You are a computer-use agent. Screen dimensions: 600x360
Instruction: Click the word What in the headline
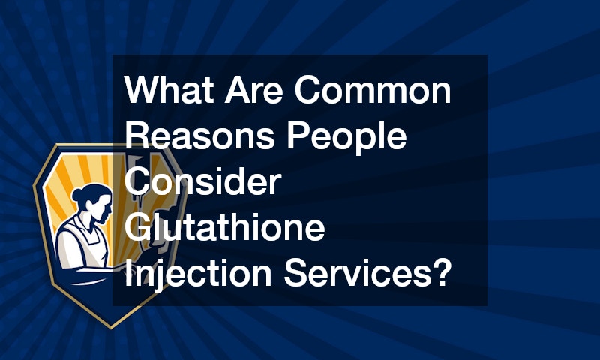169,89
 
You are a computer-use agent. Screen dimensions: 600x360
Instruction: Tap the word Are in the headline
253,89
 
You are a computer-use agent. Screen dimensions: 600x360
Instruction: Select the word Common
372,89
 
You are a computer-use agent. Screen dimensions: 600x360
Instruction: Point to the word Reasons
199,136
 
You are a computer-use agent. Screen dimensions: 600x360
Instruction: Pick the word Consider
202,181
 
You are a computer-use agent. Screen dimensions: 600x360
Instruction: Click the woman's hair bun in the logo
77,196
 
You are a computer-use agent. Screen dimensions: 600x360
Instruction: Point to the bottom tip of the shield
111,328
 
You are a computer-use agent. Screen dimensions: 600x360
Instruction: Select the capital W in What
143,89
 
